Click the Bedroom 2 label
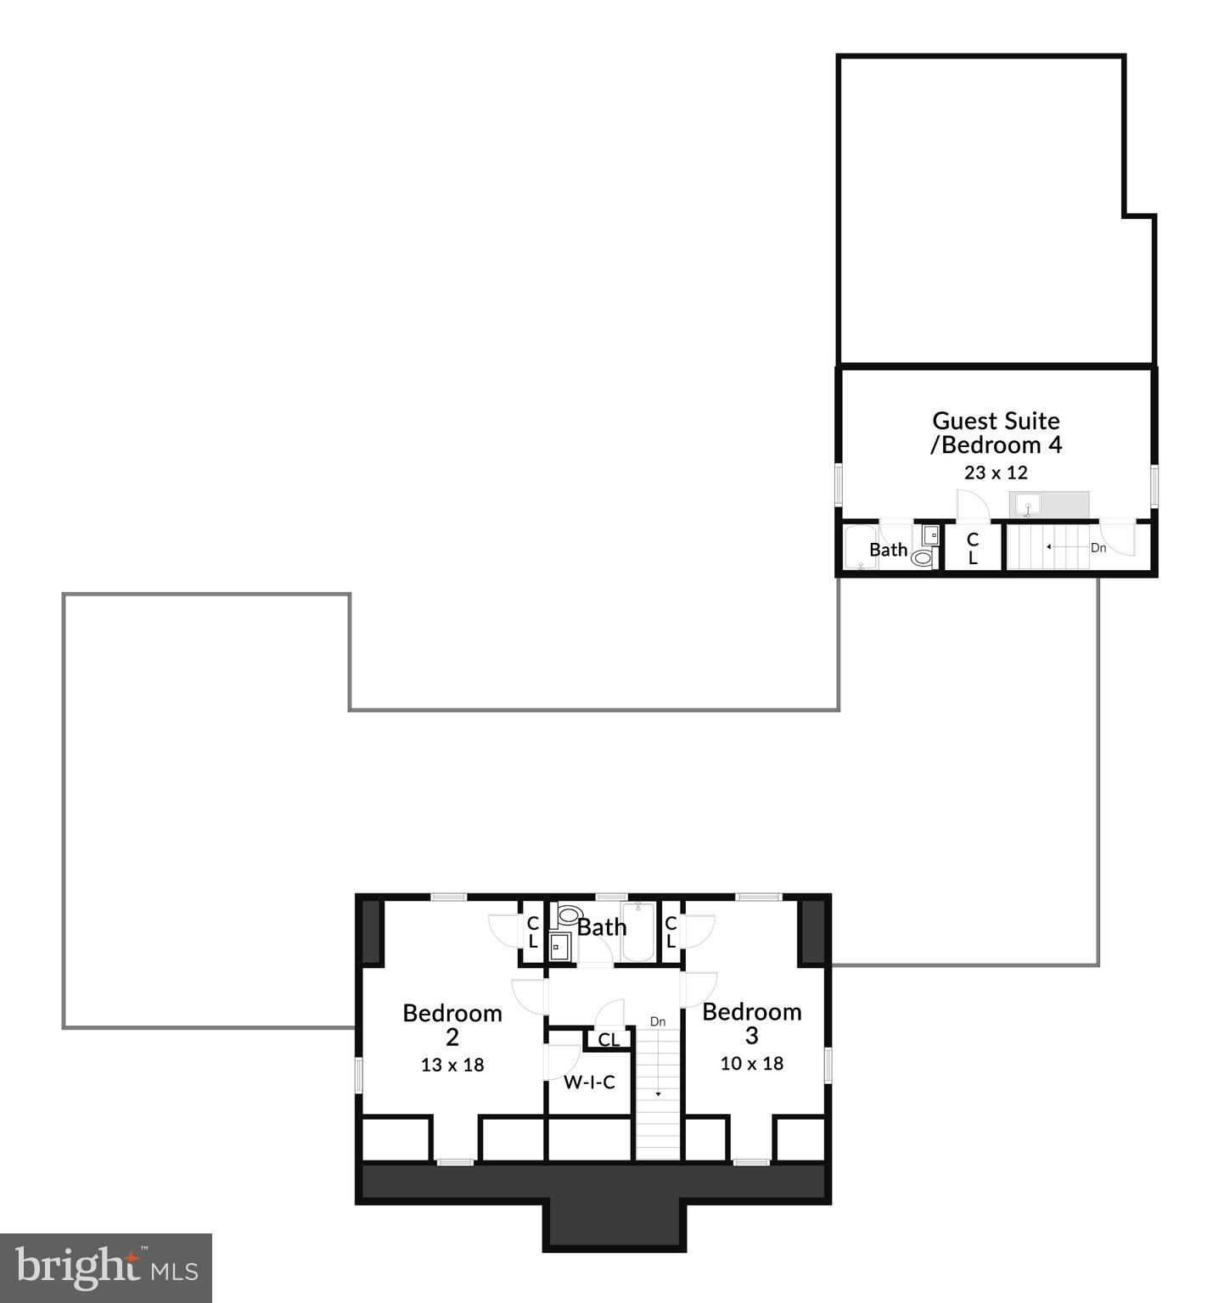(x=452, y=1024)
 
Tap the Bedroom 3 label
(x=751, y=1022)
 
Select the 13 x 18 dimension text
(x=452, y=1065)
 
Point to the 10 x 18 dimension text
(x=751, y=1063)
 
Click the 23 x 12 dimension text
(x=995, y=473)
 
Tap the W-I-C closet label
(x=589, y=1082)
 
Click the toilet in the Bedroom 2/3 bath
(x=567, y=916)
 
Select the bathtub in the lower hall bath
(x=637, y=933)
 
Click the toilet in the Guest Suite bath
(x=922, y=557)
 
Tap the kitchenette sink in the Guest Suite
(x=1027, y=505)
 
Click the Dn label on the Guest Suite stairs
(x=1098, y=548)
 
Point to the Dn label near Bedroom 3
(x=658, y=1021)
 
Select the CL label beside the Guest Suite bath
(x=973, y=549)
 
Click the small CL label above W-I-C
(x=609, y=1039)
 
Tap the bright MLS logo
(x=105, y=1268)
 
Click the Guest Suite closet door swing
(x=973, y=506)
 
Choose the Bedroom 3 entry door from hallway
(x=699, y=989)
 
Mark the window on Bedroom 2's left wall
(x=359, y=1073)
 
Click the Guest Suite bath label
(x=888, y=550)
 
